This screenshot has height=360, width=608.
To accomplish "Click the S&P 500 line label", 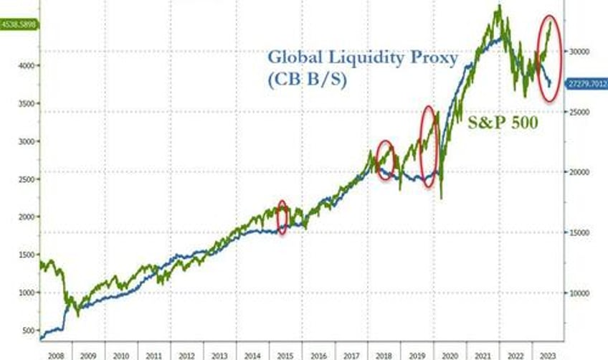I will (503, 123).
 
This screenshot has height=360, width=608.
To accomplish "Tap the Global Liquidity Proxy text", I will (361, 58).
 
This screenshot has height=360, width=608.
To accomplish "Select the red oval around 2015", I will (282, 217).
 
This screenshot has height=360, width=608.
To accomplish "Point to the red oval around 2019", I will (429, 147).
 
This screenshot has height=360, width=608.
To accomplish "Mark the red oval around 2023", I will (549, 57).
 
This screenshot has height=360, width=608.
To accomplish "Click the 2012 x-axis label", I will (187, 354).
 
